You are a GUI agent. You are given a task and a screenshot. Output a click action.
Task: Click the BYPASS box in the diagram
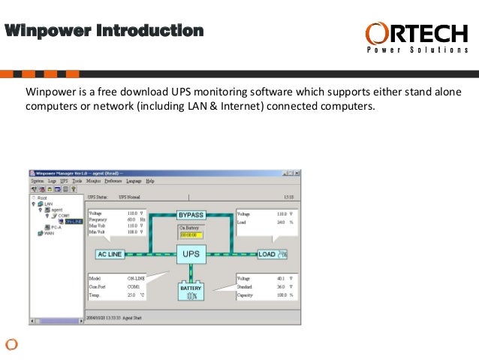pos(191,215)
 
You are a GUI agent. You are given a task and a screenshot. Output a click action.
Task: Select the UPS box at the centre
pos(191,255)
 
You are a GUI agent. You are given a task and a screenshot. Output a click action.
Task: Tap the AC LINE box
pos(110,255)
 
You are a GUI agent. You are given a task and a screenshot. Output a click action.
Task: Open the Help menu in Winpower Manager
pos(150,181)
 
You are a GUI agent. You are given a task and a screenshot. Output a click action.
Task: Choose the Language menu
pos(134,181)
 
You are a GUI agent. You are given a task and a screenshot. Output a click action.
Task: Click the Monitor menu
pos(93,181)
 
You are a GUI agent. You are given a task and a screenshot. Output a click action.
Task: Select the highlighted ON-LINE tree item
pos(74,221)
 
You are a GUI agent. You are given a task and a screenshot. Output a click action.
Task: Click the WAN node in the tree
pos(50,233)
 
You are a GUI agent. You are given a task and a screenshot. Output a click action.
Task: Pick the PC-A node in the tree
pos(56,227)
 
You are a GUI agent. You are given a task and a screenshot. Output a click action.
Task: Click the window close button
pos(300,172)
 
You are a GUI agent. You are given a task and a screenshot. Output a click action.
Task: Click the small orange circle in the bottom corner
pos(11,344)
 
